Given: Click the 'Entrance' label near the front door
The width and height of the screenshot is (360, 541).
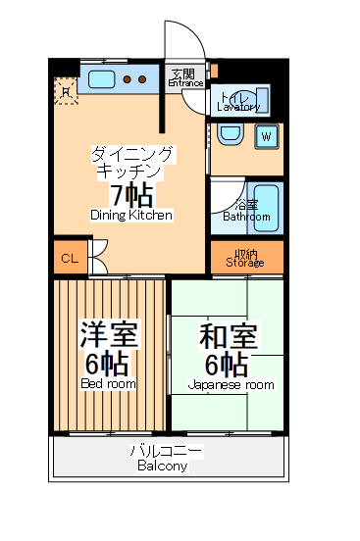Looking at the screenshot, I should (x=183, y=83).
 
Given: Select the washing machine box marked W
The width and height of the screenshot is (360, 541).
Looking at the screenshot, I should (x=266, y=136).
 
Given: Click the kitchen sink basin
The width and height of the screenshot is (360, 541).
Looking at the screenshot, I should (x=101, y=77).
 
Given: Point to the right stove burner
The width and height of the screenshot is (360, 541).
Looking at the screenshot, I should (x=143, y=78).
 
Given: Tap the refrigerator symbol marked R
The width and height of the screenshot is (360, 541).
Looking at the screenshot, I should (x=65, y=91).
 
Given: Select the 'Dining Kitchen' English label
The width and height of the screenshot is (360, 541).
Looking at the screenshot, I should (x=131, y=215).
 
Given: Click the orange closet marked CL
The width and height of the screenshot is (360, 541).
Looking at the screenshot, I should (x=69, y=259).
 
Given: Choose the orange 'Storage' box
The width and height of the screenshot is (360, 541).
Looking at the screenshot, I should (x=245, y=258).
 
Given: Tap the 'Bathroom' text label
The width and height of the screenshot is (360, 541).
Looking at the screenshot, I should (x=245, y=216).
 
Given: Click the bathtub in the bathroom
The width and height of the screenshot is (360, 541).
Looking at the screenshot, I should (x=266, y=207).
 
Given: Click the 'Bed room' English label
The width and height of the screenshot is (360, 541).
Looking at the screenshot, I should (x=108, y=384).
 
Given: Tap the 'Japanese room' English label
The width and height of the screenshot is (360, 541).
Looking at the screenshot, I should (x=231, y=385).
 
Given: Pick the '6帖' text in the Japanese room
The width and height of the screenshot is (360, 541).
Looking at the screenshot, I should (x=227, y=365).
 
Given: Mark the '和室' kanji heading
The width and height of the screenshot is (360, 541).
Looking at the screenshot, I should (x=229, y=336).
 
